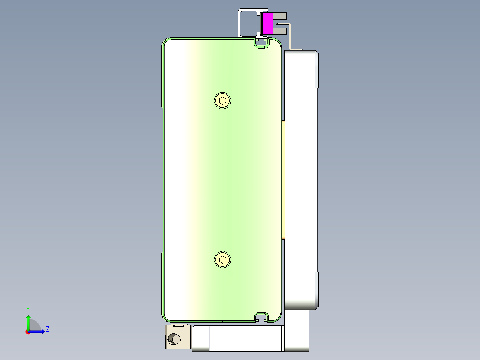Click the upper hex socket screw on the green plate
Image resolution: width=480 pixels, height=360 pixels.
click(x=223, y=100)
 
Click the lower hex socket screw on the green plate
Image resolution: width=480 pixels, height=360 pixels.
click(x=223, y=260)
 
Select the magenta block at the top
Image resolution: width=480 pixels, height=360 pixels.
click(x=267, y=23)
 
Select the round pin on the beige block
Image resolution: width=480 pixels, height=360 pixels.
click(x=174, y=340)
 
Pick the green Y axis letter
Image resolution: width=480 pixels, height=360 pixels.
click(x=28, y=309)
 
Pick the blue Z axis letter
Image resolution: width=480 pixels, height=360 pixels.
click(x=48, y=329)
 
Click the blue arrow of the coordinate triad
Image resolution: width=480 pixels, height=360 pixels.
click(x=39, y=331)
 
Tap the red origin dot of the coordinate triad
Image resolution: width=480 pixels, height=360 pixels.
click(x=28, y=332)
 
